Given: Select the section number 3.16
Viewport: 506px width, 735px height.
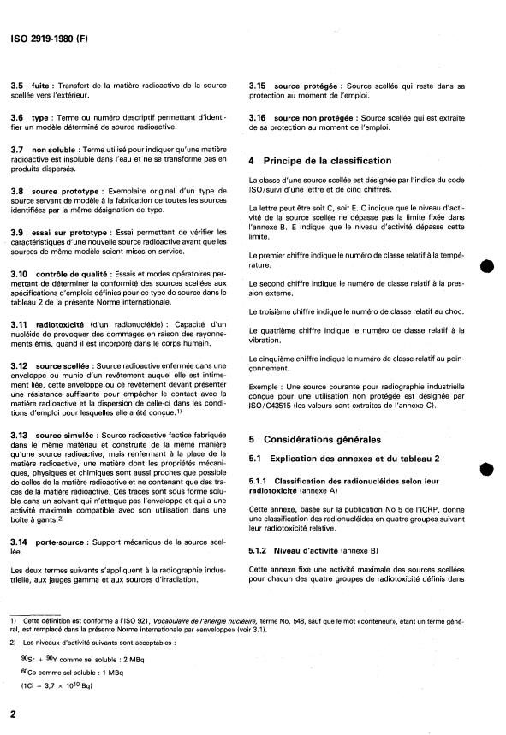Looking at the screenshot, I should tap(259, 116).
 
